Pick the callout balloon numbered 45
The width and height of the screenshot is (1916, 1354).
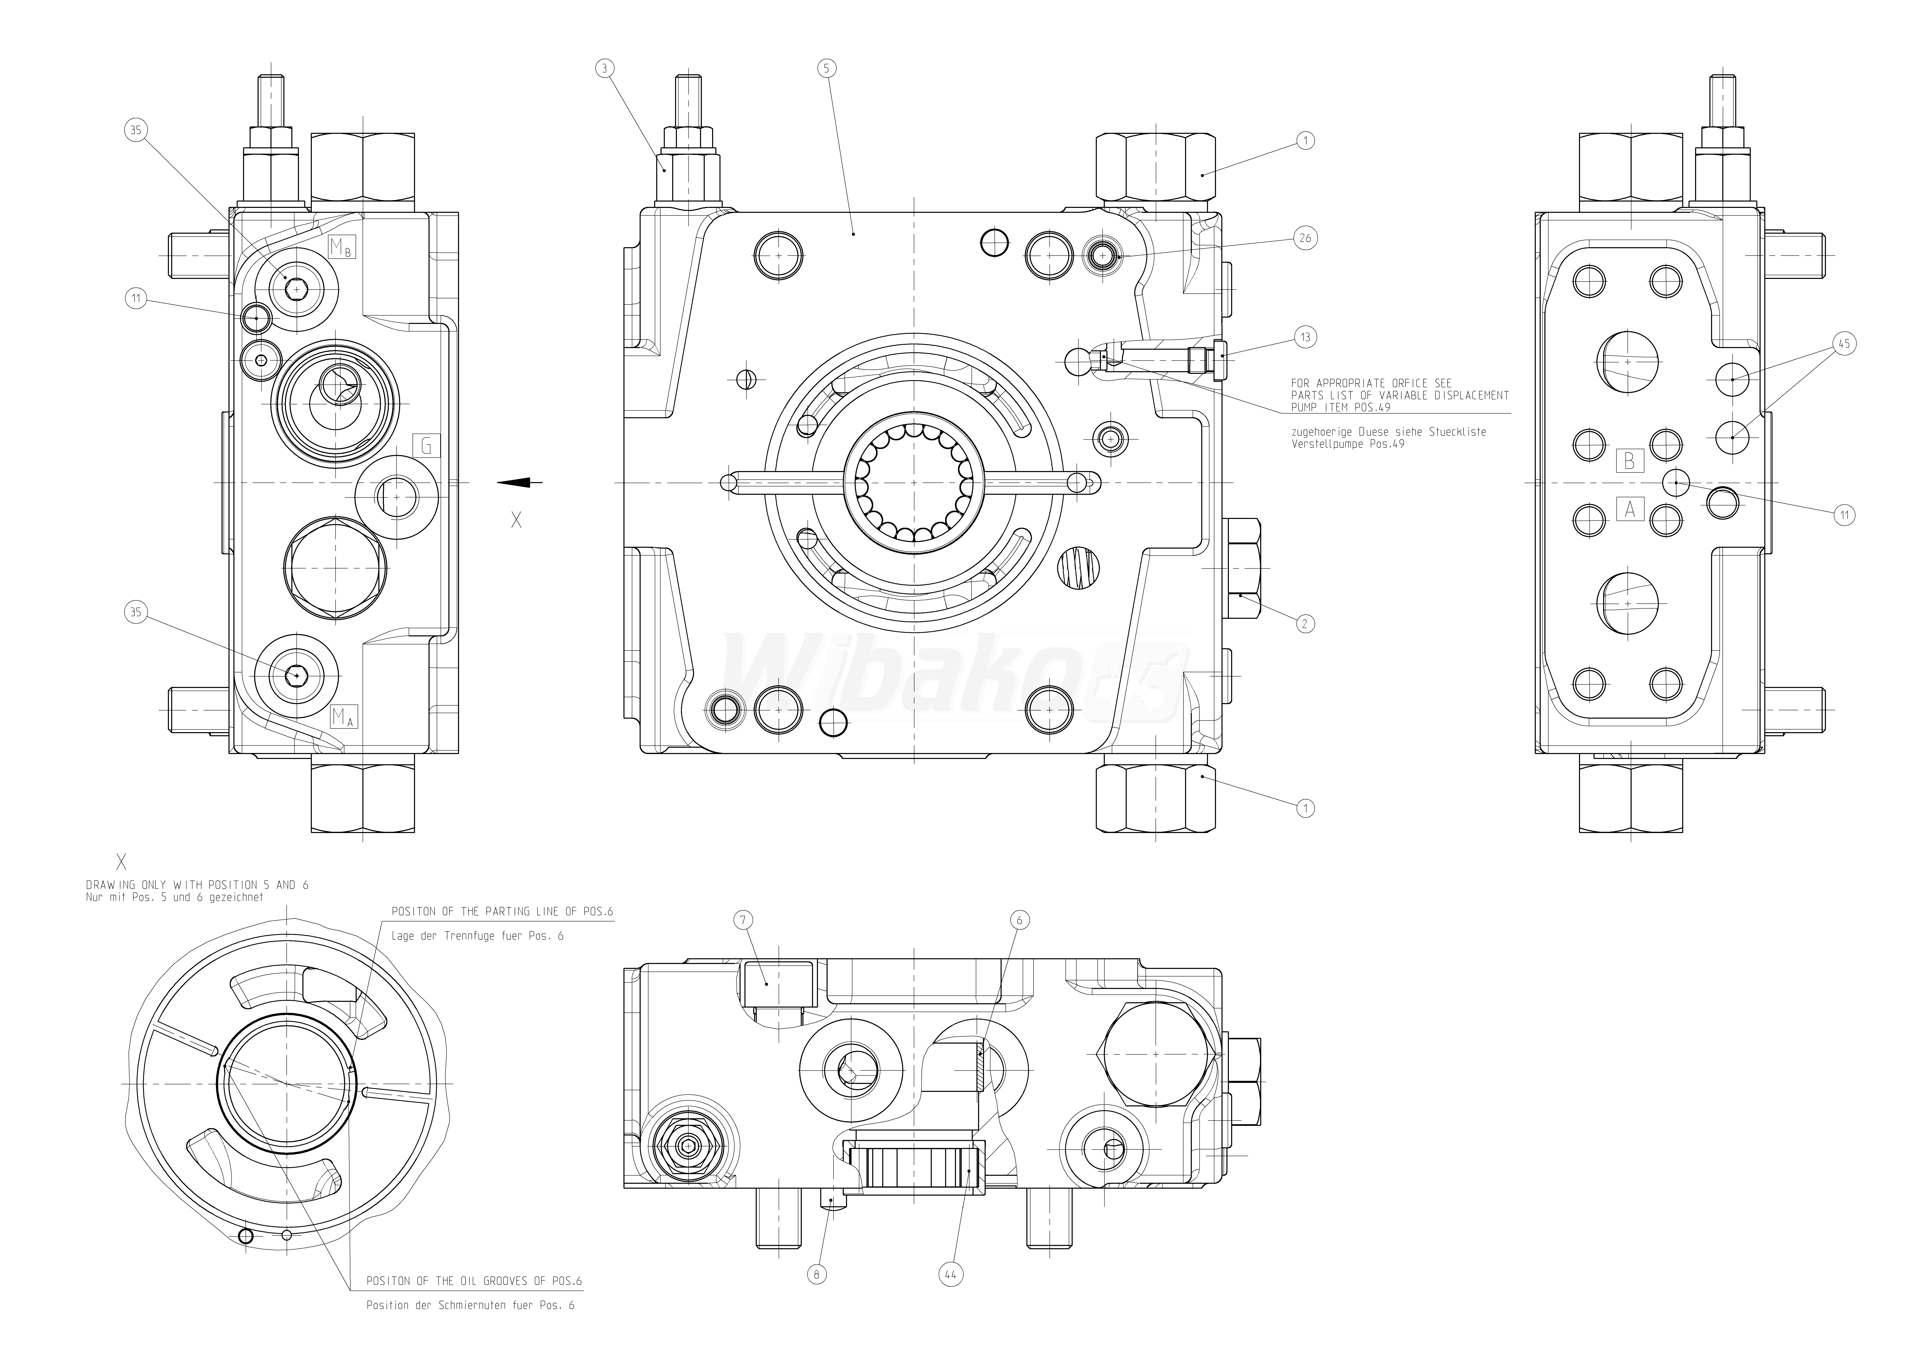tap(1844, 344)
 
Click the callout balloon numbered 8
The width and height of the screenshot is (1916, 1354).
tap(817, 1274)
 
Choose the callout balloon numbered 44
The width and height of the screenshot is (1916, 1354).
tap(950, 1274)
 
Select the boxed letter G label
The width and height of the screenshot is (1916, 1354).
tap(426, 446)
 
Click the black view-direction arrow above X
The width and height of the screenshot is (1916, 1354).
tap(519, 482)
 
